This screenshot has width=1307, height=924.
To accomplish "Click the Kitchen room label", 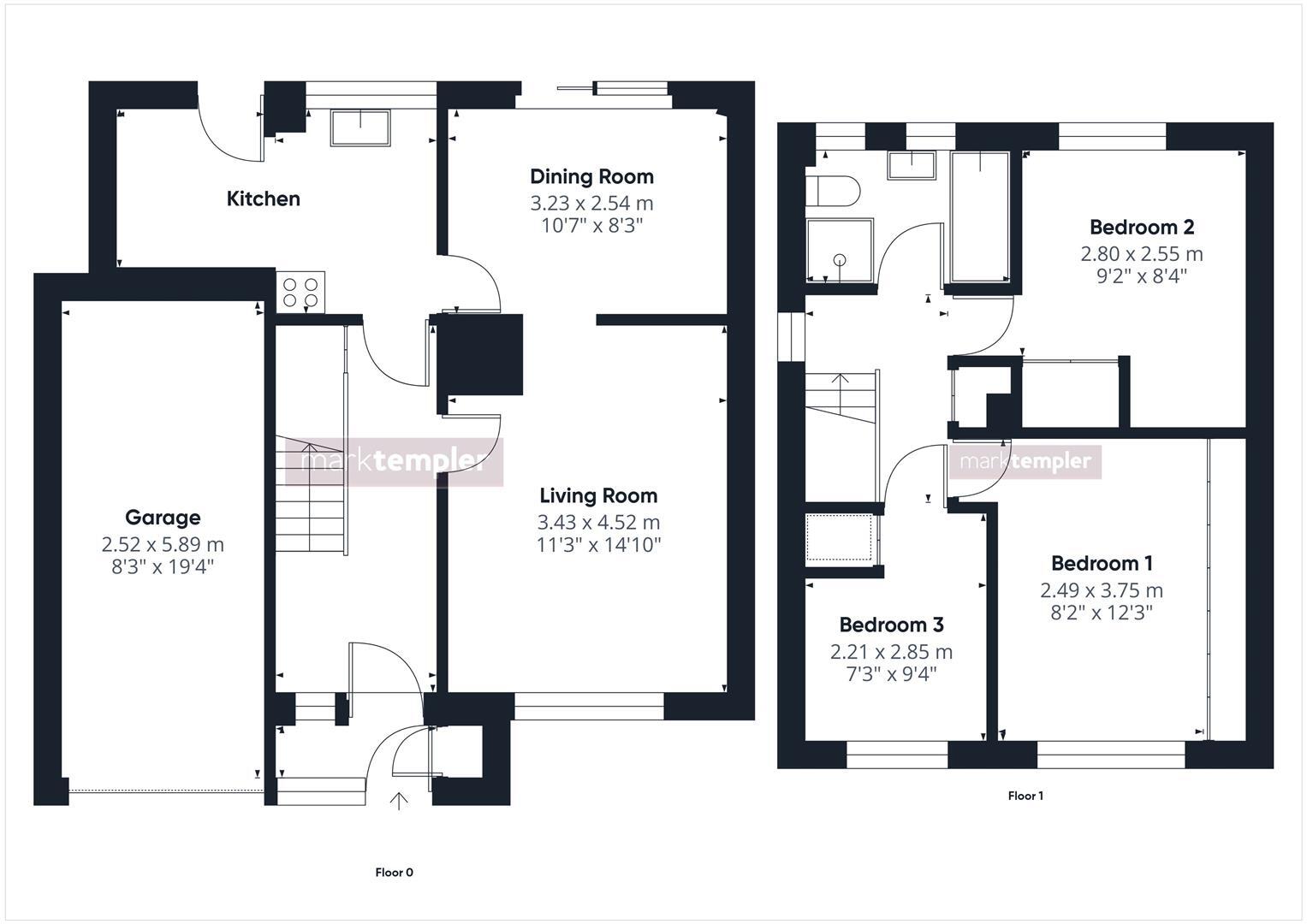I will tap(263, 198).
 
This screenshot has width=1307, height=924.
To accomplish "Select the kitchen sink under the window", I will tap(360, 127).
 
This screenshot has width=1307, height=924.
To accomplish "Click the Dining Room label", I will tap(591, 177).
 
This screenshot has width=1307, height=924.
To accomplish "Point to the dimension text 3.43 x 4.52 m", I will tap(598, 522).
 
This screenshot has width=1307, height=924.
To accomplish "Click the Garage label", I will tap(163, 518).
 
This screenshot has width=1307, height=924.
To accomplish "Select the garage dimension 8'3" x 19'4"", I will tap(163, 566).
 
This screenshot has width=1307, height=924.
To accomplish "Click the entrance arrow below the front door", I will tap(399, 801).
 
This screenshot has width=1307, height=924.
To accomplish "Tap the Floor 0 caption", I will tap(394, 873).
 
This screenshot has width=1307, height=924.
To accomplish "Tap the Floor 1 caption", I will tap(1025, 796).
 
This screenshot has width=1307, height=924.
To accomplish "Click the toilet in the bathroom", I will tap(830, 191).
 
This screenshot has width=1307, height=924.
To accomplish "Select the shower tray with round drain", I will tap(839, 251).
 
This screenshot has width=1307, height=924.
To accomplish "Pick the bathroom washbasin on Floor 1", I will tap(912, 164).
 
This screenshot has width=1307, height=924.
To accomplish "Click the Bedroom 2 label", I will tap(1142, 228).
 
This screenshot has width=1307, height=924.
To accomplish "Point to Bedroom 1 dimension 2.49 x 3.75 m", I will tap(1102, 590).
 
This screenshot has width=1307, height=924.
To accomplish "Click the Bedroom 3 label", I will tap(891, 625).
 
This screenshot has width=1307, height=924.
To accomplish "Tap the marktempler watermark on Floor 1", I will tap(1025, 462).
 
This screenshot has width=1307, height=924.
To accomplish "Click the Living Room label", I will tap(598, 495).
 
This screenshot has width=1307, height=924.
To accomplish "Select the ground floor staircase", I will tap(310, 496).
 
